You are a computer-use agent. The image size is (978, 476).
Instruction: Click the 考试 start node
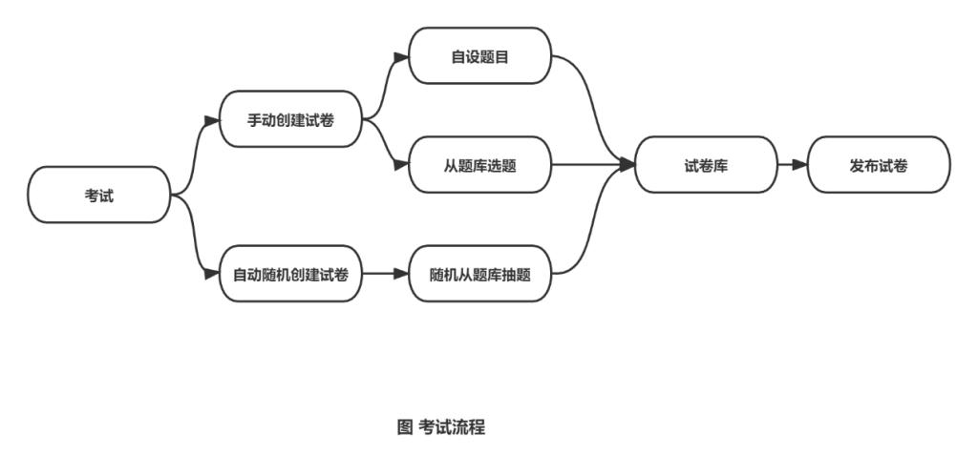(99, 195)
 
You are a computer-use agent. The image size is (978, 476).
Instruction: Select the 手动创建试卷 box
(290, 119)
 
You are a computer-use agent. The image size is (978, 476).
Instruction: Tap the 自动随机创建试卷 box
(290, 274)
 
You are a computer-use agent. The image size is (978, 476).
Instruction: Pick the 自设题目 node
(480, 55)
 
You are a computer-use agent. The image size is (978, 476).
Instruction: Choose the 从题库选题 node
(480, 164)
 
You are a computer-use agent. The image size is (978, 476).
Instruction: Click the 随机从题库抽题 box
(480, 274)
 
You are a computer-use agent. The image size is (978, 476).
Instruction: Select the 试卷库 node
(706, 164)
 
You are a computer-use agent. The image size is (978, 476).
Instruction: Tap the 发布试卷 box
(879, 164)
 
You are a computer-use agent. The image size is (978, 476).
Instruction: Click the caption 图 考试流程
(440, 426)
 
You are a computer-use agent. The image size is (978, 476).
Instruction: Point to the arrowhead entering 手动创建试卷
(212, 120)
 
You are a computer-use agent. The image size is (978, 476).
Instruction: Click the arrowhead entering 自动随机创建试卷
(212, 274)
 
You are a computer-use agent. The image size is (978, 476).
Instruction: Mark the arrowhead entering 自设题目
(402, 55)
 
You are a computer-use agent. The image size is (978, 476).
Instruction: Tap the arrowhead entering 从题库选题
(402, 164)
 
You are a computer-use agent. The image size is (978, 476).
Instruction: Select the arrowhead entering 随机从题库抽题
(402, 274)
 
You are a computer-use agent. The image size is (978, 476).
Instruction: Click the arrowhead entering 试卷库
(627, 164)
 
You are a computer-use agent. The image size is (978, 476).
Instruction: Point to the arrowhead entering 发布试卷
(800, 164)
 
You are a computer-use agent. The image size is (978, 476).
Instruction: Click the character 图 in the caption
(404, 426)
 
